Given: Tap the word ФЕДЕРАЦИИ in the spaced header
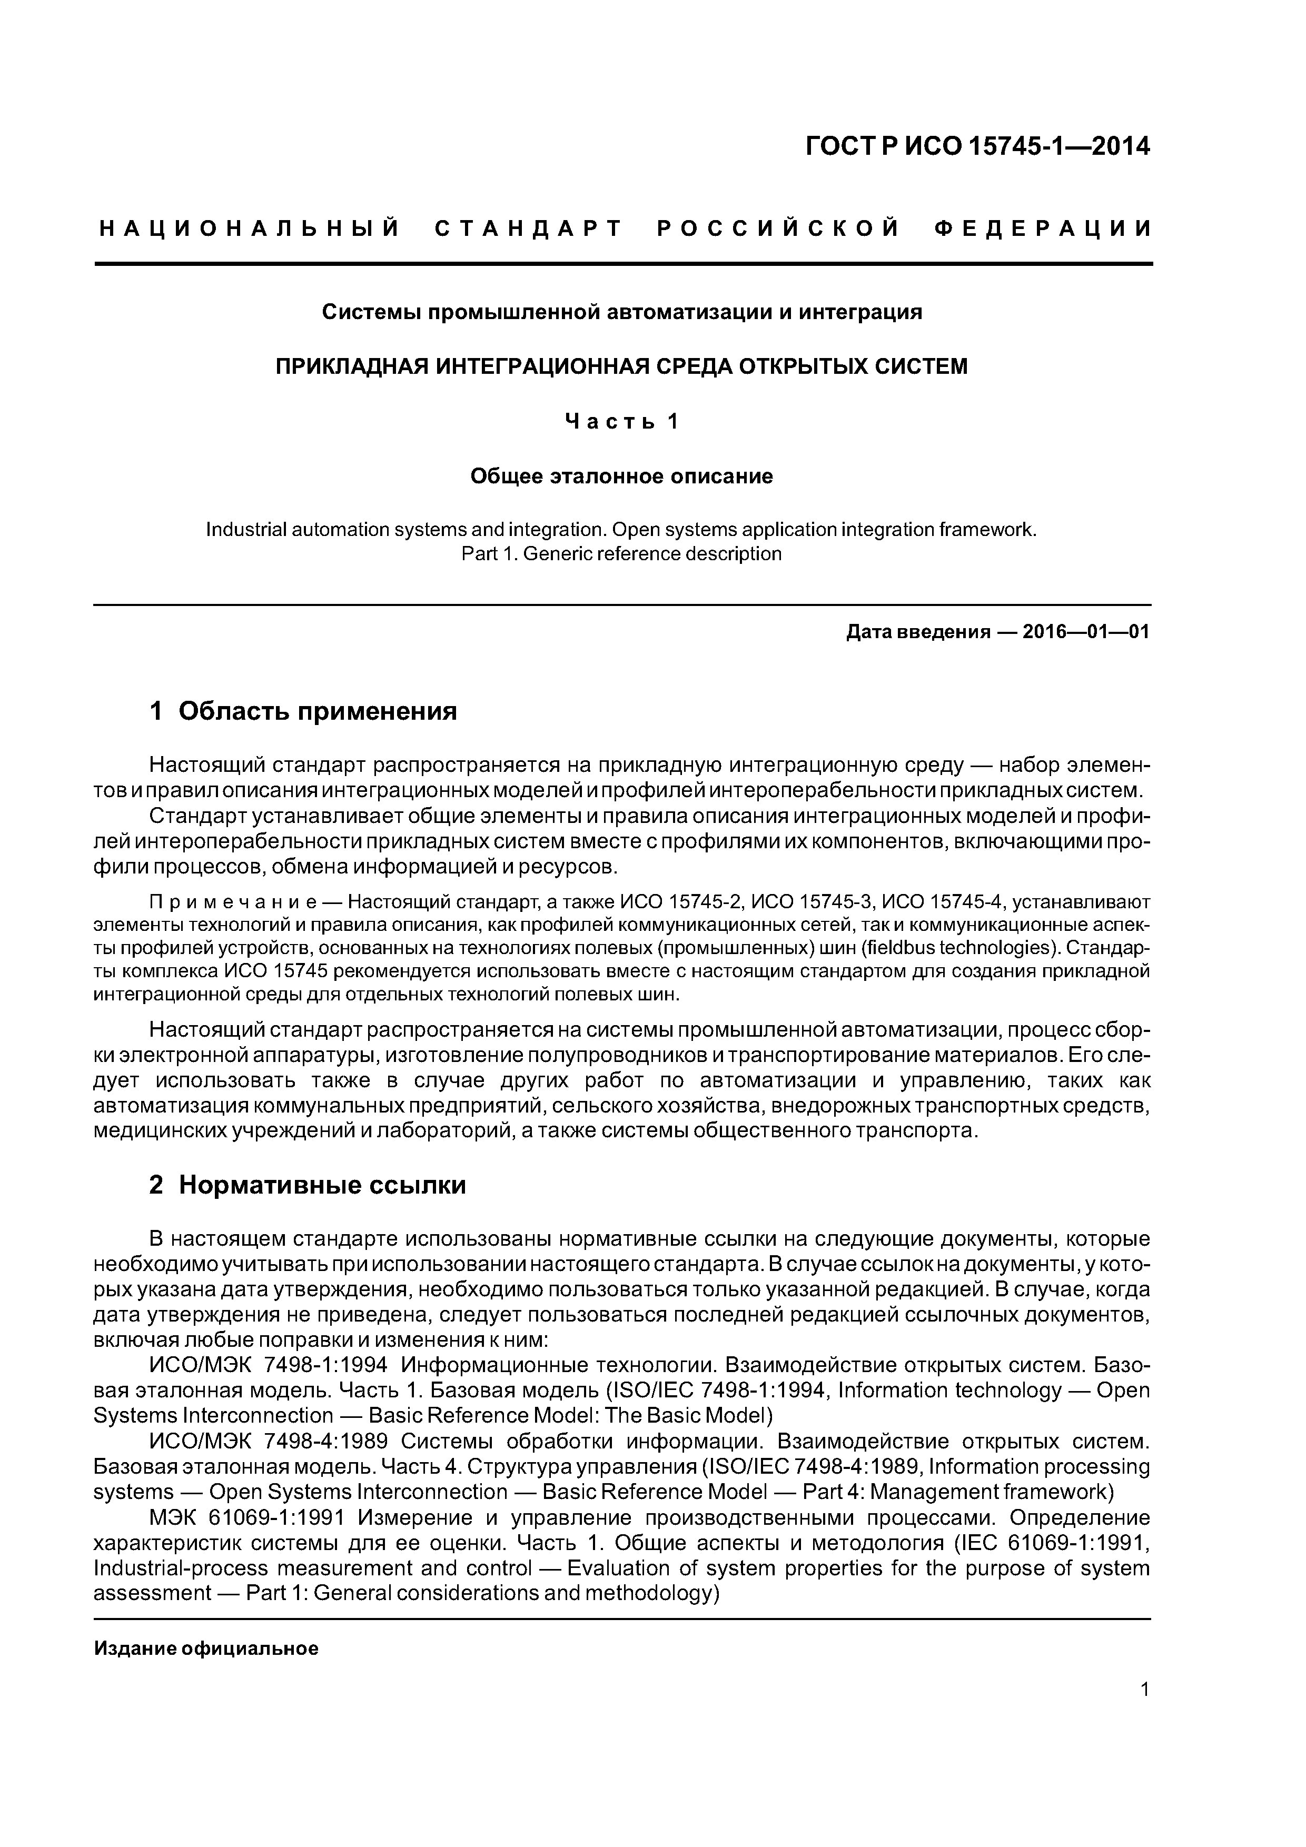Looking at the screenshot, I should pyautogui.click(x=1043, y=229).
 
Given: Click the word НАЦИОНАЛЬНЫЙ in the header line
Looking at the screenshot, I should pyautogui.click(x=250, y=229).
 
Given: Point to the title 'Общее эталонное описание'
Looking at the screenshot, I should pyautogui.click(x=621, y=476).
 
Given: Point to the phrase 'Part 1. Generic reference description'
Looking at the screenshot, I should pyautogui.click(x=621, y=554).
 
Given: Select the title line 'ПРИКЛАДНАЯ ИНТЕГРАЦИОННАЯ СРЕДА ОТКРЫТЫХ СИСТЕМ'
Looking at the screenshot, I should pyautogui.click(x=621, y=367).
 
